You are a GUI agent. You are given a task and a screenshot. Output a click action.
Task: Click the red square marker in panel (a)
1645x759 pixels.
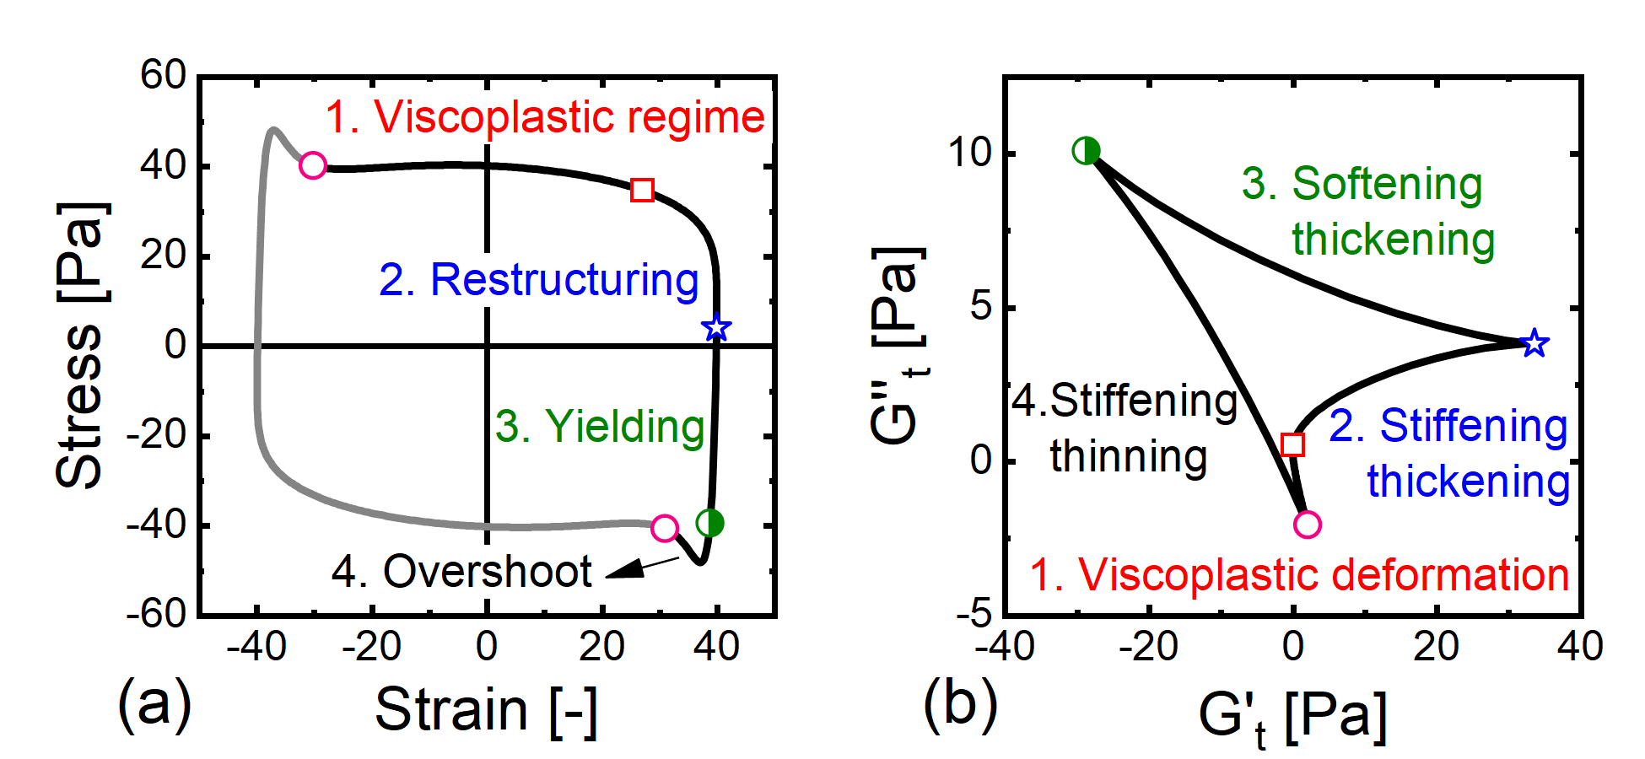coord(642,190)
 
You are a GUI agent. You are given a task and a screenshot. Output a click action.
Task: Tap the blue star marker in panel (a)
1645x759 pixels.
coord(716,327)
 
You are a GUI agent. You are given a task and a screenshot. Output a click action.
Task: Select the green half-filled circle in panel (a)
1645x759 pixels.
coord(710,523)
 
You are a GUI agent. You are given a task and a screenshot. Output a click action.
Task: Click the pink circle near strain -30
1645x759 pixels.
coord(313,165)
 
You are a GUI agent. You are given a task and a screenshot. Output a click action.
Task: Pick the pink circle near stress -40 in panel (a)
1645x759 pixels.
coord(665,529)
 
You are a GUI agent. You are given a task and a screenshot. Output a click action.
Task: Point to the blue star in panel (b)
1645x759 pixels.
coord(1534,343)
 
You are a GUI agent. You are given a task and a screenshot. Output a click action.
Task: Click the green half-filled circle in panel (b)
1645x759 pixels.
coord(1086,151)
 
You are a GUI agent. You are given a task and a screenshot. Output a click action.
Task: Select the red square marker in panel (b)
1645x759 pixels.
coord(1292,444)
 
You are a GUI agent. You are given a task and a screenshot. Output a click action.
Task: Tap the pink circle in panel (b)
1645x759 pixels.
coord(1307,525)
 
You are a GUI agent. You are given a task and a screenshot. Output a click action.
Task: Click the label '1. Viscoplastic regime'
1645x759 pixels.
coord(545,117)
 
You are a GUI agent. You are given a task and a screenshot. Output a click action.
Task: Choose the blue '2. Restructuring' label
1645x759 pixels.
coord(539,280)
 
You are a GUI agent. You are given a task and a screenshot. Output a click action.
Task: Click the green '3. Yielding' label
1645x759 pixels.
coord(600,427)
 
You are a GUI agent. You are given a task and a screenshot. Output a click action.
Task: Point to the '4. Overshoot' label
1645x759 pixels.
coord(461,572)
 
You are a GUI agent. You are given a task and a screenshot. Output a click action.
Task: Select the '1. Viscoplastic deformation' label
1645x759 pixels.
coord(1299,575)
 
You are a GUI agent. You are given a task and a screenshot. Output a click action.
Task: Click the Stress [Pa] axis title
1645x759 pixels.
coord(80,346)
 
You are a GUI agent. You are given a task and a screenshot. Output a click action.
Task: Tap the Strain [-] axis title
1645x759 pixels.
coord(487,710)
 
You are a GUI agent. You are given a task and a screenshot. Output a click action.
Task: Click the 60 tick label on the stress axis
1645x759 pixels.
coord(163,76)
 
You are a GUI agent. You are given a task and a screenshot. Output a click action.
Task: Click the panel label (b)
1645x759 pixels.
coord(960,705)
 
